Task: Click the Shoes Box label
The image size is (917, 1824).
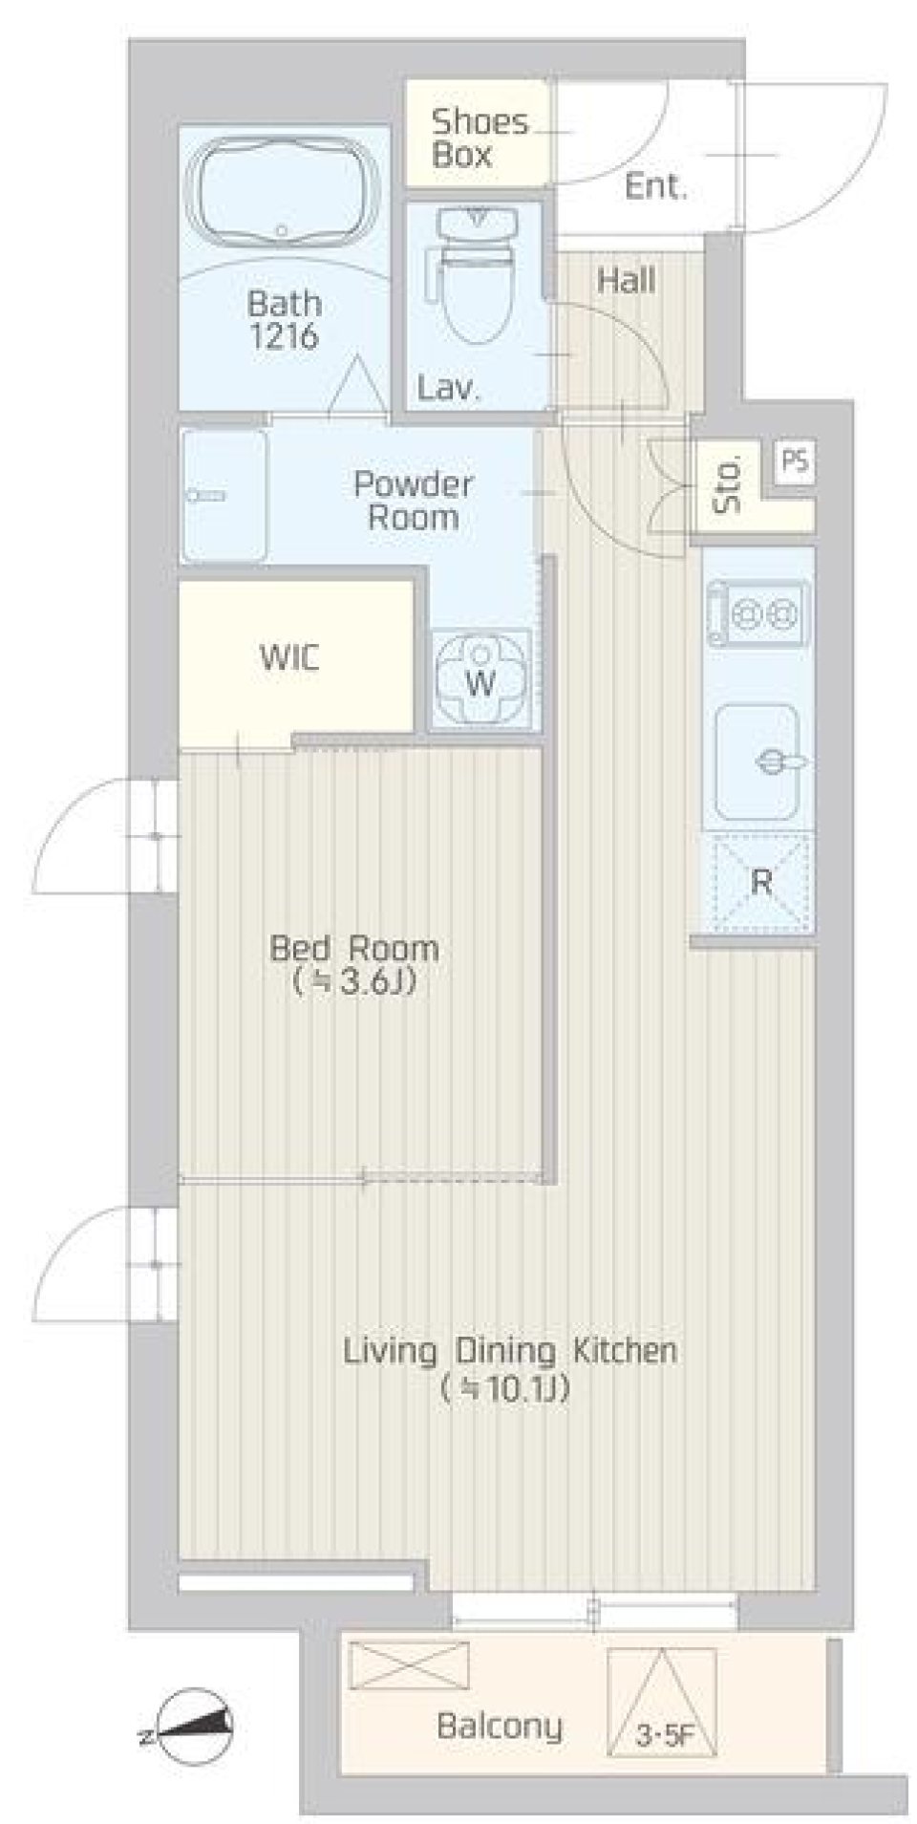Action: pos(478,138)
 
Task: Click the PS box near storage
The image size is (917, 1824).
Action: pos(795,461)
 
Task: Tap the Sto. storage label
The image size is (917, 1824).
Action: pos(728,485)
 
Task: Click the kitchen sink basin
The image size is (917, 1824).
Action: pos(757,762)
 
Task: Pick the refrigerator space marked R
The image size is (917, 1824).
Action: pos(760,882)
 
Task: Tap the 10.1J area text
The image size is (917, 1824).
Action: pos(506,1388)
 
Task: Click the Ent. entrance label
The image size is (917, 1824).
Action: pos(655,186)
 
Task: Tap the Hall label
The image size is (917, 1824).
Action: pos(626,280)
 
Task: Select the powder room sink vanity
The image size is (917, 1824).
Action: pos(224,495)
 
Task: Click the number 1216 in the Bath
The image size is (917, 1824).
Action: pos(284,336)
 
